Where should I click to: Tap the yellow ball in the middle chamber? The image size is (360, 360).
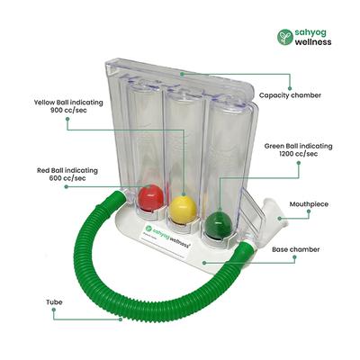184,209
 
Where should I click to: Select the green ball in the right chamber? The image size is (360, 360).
216,222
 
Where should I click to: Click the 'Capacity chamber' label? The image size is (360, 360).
291,94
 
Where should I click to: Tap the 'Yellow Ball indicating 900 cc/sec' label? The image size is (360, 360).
66,107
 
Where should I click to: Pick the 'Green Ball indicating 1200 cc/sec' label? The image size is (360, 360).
298,149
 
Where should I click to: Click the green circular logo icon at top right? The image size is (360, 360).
284,37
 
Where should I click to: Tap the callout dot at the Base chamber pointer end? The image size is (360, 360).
205,263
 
